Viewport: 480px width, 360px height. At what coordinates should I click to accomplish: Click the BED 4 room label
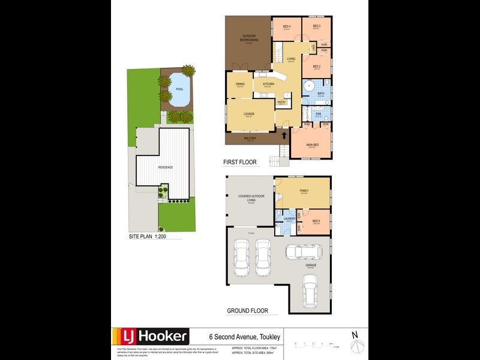coord(286,26)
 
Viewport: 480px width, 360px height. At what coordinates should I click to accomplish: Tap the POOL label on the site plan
coord(179,90)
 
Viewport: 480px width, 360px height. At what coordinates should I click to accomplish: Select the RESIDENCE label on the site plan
coord(165,167)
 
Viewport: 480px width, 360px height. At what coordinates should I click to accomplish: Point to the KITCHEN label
coord(268,85)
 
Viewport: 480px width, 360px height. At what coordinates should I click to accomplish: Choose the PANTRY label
coord(281,102)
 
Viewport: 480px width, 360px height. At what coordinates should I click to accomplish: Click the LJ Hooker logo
coord(149,336)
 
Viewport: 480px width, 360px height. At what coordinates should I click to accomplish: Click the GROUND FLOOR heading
coord(247,311)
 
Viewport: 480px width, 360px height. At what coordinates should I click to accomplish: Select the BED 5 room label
coord(317,221)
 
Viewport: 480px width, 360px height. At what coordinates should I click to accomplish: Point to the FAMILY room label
coord(304,191)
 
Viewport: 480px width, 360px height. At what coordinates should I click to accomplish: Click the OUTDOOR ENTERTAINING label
coord(249,38)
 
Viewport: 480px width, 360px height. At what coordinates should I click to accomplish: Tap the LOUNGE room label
coord(248,113)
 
